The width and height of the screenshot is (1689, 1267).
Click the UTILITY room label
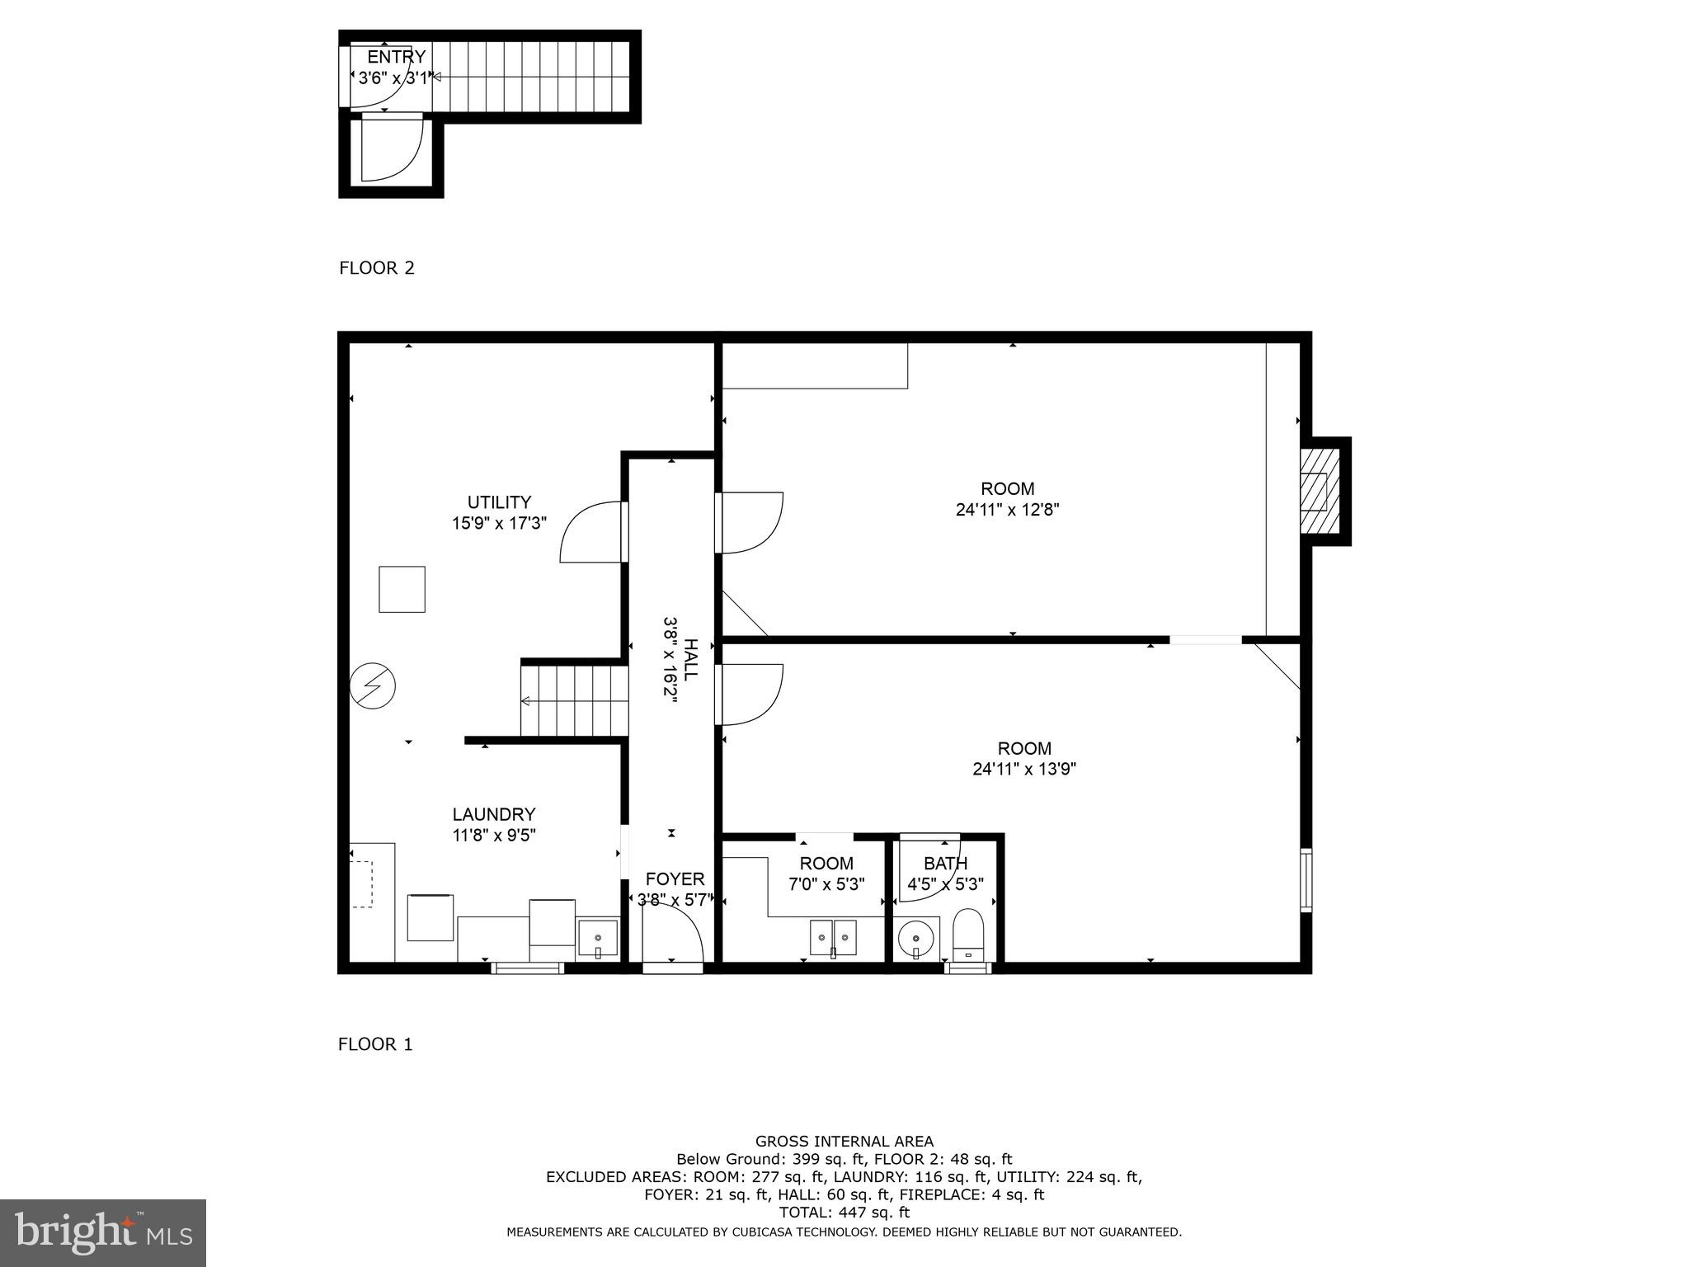click(499, 502)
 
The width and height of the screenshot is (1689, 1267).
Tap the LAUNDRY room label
click(493, 814)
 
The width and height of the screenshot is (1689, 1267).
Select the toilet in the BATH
click(968, 935)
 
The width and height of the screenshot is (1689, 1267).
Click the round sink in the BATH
click(915, 938)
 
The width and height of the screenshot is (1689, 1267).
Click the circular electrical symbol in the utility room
click(373, 686)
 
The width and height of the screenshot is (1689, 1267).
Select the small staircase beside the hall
click(571, 701)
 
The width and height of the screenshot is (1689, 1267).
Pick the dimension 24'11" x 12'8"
click(1007, 510)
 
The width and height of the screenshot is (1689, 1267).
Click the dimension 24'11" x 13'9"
click(1024, 770)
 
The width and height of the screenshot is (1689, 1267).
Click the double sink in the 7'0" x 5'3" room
click(834, 938)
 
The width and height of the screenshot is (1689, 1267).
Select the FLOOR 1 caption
click(375, 1044)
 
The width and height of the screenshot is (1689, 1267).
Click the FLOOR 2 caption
click(377, 268)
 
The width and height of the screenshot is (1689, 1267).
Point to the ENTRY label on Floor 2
click(396, 57)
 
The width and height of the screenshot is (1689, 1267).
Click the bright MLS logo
click(103, 1232)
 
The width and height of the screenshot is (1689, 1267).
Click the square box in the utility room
click(402, 589)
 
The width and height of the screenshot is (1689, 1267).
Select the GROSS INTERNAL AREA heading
click(844, 1142)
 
